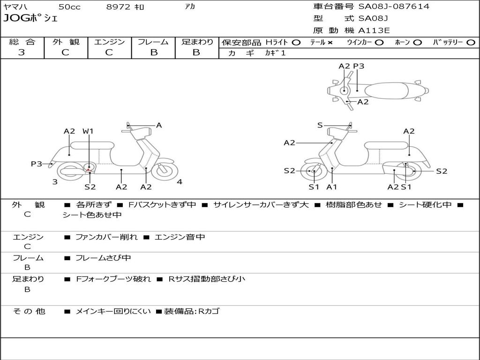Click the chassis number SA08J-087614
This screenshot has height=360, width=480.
(x=394, y=7)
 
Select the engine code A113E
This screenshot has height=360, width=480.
(x=374, y=31)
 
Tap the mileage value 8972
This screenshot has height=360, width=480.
(x=119, y=7)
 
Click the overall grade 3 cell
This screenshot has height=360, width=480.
(x=22, y=52)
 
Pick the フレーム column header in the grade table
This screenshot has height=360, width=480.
(x=153, y=42)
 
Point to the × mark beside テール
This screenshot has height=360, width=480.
(x=330, y=43)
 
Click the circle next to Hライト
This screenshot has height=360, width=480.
(x=296, y=43)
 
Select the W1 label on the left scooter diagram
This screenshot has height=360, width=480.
(x=88, y=131)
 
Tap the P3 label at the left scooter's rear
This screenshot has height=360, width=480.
(x=37, y=164)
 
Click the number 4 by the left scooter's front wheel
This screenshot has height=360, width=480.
(x=180, y=182)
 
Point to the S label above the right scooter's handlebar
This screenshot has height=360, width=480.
(x=320, y=125)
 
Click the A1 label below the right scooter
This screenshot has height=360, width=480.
(x=332, y=187)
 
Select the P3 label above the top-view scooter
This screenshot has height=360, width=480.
(x=359, y=67)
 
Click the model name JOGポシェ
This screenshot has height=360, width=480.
(x=30, y=19)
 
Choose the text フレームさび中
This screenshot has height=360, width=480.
(x=103, y=258)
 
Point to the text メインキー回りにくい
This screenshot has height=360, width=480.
(x=113, y=311)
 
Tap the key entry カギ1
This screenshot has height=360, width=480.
(x=275, y=53)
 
